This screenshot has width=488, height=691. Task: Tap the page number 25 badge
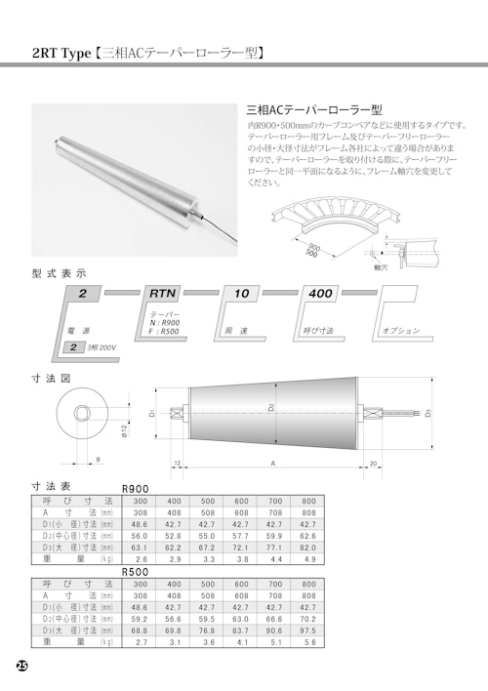[x=21, y=667]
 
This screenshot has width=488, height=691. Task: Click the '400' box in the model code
[x=320, y=292]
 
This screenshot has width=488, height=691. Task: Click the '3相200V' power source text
[x=102, y=346]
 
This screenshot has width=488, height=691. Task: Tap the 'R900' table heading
[x=135, y=488]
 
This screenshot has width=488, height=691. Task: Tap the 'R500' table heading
[x=135, y=574]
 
